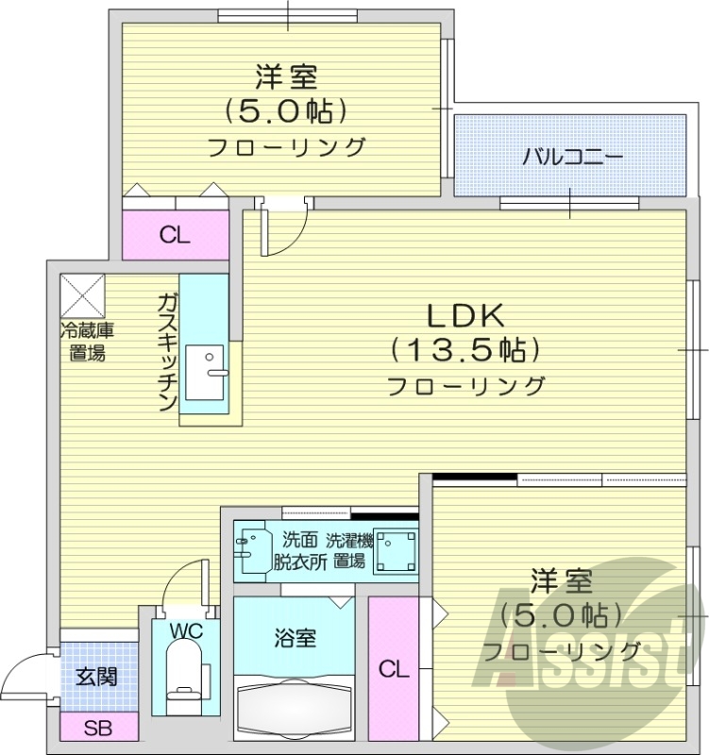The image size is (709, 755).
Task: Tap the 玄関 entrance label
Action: [x=96, y=677]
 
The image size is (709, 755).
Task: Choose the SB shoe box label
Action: [x=96, y=728]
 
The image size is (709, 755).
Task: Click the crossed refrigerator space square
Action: [x=82, y=295]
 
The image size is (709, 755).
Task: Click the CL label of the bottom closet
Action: [x=394, y=670]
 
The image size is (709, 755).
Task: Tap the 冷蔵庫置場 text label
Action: [x=87, y=342]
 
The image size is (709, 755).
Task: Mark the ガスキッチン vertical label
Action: [x=166, y=351]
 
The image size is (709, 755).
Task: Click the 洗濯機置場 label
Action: [x=349, y=550]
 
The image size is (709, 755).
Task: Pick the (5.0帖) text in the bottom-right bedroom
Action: [x=561, y=613]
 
